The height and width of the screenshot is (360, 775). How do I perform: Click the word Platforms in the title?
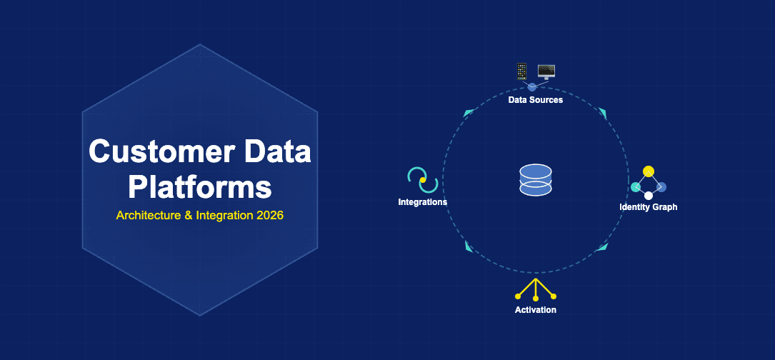pos(200,186)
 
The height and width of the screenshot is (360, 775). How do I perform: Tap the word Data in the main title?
pos(275,152)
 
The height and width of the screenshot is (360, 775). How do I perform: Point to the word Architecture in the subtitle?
pos(149,215)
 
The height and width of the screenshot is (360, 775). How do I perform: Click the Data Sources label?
pos(536,100)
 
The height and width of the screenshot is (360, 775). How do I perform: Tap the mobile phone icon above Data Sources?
pos(521,71)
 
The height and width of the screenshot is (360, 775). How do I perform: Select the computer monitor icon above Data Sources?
pos(546,71)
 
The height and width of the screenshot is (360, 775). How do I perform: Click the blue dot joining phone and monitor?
pos(531,86)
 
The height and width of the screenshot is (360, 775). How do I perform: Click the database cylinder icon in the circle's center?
pos(536,180)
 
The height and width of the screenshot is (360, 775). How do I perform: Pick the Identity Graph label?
pos(648,207)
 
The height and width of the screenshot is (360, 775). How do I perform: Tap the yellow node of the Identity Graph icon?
pos(649,171)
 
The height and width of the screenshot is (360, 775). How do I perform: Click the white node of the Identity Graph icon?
pos(649,195)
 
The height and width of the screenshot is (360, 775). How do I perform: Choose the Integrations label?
pos(423,202)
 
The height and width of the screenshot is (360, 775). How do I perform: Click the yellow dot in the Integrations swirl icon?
pos(423,180)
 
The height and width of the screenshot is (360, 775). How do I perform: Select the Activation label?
pos(536,310)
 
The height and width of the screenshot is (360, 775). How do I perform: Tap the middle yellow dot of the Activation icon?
pos(536,298)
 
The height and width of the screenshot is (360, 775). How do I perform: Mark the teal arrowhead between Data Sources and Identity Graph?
pos(602,113)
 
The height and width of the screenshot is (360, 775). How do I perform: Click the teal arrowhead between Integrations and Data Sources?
pos(469,113)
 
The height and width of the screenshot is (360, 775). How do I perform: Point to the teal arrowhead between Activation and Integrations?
pos(469,246)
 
